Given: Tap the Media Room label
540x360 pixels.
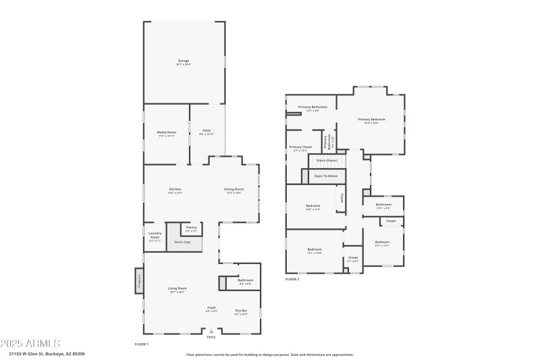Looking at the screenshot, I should (x=167, y=133).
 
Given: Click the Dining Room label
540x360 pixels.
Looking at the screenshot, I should (x=233, y=190).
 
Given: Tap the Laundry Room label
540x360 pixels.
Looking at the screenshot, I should (x=155, y=236).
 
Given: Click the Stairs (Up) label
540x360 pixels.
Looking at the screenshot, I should (x=182, y=241).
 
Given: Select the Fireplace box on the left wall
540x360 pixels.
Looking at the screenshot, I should (x=139, y=280).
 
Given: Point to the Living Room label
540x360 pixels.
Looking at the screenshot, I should (x=178, y=289).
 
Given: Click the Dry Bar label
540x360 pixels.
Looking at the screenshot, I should (x=241, y=312).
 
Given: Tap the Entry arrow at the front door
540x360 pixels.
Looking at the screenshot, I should (x=211, y=332).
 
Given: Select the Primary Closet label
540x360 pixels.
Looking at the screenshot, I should (x=300, y=148).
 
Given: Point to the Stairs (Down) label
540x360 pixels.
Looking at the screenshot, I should (x=327, y=160).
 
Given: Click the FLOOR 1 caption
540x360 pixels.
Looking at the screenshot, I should (x=141, y=344).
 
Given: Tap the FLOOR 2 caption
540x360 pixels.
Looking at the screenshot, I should (x=292, y=278).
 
